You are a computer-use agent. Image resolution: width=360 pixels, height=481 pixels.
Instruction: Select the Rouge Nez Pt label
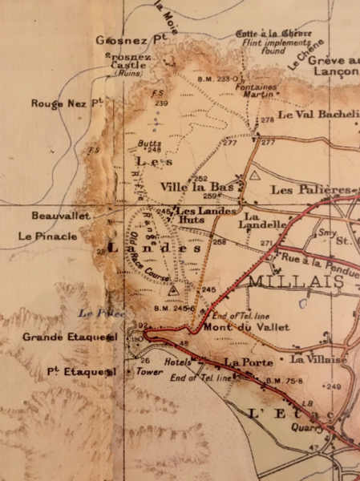point(67,103)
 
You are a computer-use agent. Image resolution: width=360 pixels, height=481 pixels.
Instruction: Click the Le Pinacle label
point(47,236)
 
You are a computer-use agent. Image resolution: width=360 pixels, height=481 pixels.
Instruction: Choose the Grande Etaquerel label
point(71,338)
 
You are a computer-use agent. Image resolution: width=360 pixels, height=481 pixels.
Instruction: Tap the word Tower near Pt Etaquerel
point(144,372)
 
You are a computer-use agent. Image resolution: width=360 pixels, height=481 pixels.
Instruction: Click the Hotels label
point(177,362)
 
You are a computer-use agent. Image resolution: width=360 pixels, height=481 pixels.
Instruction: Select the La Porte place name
point(243,362)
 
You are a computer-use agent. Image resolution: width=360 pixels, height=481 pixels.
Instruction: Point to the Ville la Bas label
point(196,186)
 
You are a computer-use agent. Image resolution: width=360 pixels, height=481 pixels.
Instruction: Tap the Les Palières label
point(311,190)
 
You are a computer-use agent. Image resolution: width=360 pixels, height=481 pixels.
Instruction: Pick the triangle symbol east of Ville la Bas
point(255,174)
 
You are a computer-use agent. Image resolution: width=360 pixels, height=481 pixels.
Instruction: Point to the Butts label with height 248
point(150,146)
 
